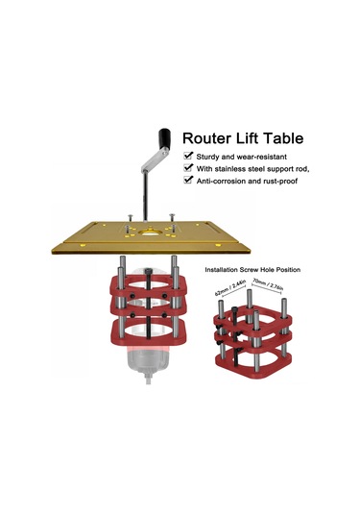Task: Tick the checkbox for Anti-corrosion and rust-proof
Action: (x=187, y=179)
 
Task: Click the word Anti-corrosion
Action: (x=225, y=180)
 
